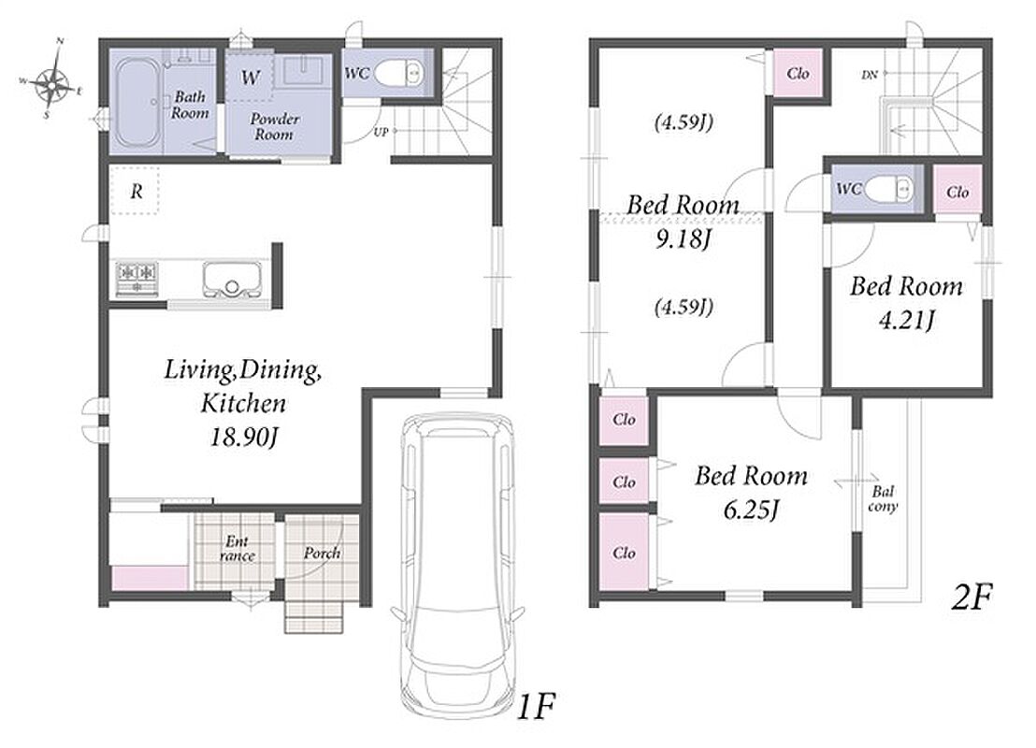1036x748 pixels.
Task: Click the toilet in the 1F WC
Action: (x=398, y=73)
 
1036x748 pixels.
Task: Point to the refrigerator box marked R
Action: (x=135, y=191)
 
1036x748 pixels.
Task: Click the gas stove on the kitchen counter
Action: (x=137, y=279)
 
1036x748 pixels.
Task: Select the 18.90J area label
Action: (x=242, y=437)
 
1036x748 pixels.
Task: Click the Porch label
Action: (x=322, y=554)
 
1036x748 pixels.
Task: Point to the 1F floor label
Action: (x=535, y=707)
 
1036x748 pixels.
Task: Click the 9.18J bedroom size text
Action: (x=683, y=238)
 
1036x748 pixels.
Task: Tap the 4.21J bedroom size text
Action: (x=907, y=321)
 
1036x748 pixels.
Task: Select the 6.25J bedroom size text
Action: (x=751, y=510)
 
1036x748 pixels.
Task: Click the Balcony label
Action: (x=883, y=499)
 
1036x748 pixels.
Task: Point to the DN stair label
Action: (x=870, y=76)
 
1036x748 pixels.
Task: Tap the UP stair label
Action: (x=381, y=132)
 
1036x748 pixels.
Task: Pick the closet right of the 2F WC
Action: (x=957, y=192)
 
